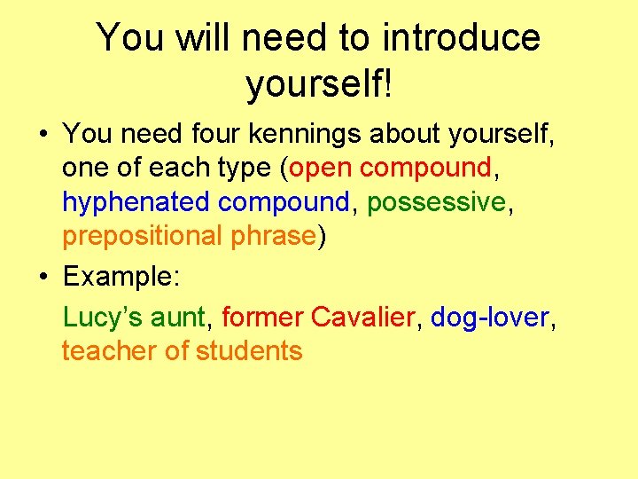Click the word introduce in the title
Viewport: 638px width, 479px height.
point(461,37)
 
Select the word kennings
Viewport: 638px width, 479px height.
point(303,134)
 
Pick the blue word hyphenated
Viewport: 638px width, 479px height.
point(136,202)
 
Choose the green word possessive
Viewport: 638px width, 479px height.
point(436,202)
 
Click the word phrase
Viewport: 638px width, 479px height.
point(272,236)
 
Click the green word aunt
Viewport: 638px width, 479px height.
point(177,317)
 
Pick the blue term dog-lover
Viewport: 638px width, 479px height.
point(490,317)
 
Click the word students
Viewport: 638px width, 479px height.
point(249,350)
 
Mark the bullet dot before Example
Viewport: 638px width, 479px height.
point(43,277)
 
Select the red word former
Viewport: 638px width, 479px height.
point(262,317)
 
